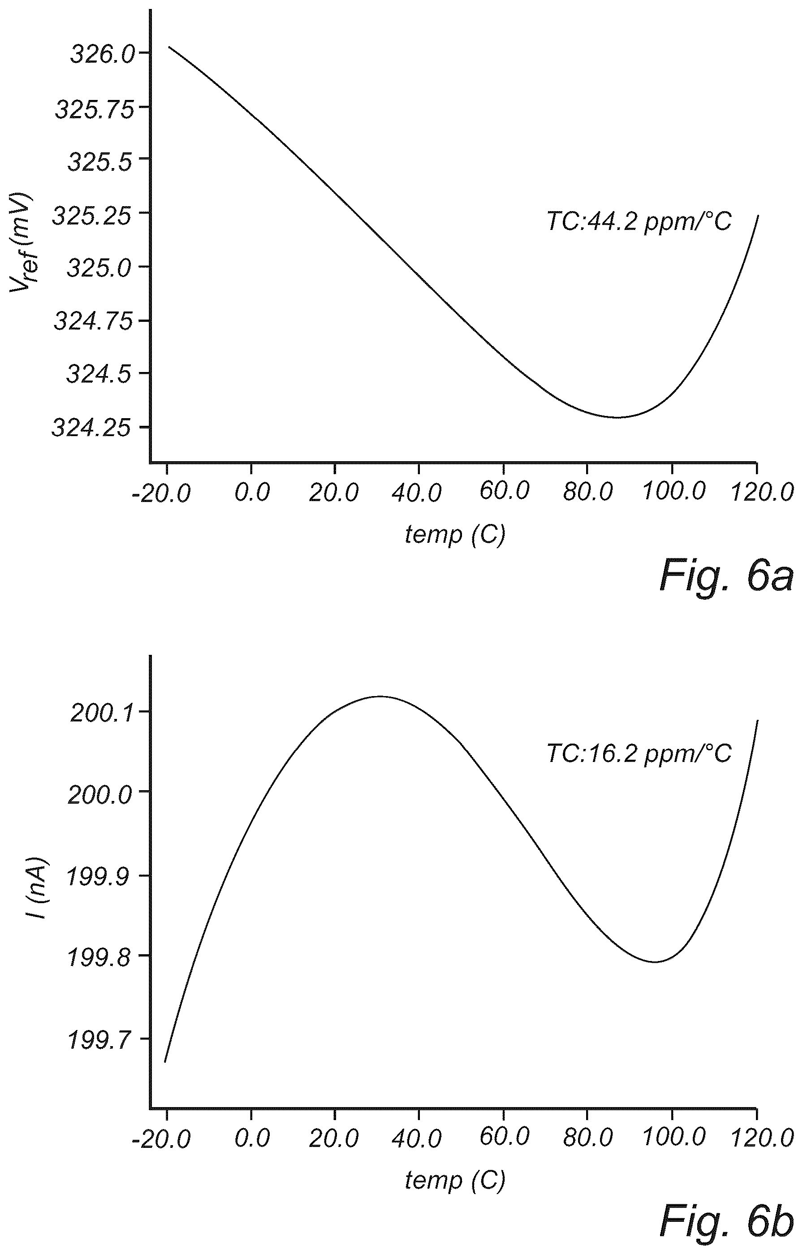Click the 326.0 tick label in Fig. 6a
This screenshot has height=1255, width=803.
pos(102,54)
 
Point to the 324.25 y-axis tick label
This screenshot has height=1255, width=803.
pos(92,428)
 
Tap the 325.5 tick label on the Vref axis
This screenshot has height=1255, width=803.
pos(100,162)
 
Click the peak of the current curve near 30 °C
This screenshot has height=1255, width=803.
pos(380,696)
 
